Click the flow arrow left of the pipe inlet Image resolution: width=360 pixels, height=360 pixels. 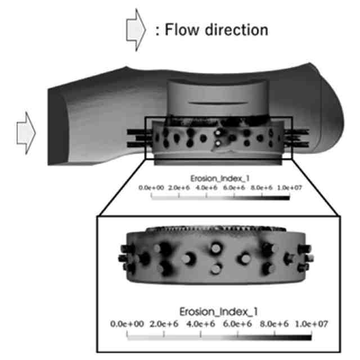tap(26, 133)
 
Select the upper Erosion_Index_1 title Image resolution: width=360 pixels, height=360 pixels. tap(217, 178)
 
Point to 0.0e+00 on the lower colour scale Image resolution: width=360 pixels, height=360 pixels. tap(128, 324)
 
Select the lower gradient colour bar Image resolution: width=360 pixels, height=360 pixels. tap(220, 336)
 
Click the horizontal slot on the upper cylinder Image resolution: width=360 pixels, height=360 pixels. tap(215, 103)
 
